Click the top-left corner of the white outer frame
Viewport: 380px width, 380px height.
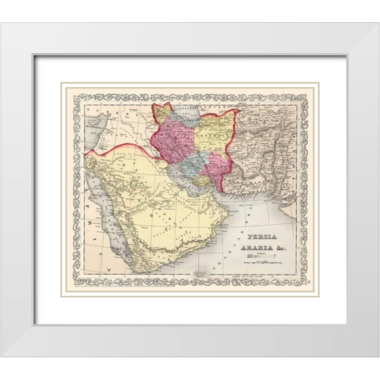click(x=2, y=25)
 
